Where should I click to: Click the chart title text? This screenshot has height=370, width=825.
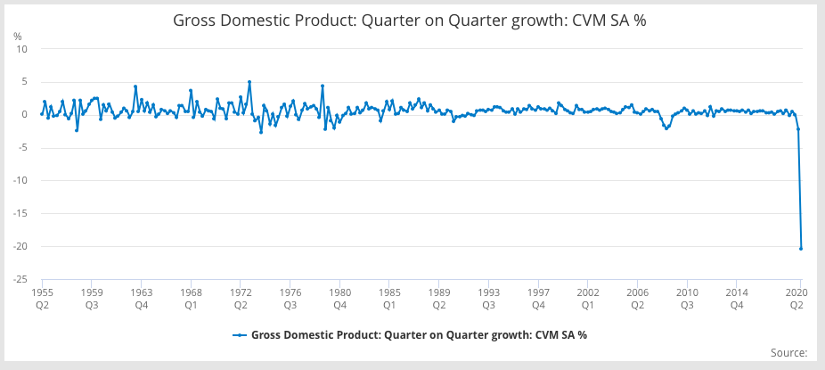click(x=409, y=21)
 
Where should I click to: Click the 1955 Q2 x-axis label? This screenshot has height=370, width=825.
click(x=42, y=298)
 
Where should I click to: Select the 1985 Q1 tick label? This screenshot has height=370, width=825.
click(x=388, y=298)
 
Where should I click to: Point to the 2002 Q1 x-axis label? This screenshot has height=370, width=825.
click(x=587, y=298)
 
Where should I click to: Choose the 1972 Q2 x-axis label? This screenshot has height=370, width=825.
click(x=241, y=298)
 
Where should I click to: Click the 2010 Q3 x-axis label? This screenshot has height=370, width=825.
click(x=686, y=298)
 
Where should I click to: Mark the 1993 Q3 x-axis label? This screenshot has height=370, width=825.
click(x=487, y=298)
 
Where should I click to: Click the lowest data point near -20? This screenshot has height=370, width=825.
click(x=801, y=248)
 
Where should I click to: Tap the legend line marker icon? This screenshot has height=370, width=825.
click(x=239, y=335)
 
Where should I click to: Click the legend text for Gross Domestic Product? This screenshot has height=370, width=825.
click(x=419, y=335)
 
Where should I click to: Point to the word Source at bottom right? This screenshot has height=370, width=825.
click(x=787, y=353)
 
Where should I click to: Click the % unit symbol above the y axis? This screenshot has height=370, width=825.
click(x=18, y=36)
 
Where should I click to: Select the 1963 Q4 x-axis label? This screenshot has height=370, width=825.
click(x=141, y=298)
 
